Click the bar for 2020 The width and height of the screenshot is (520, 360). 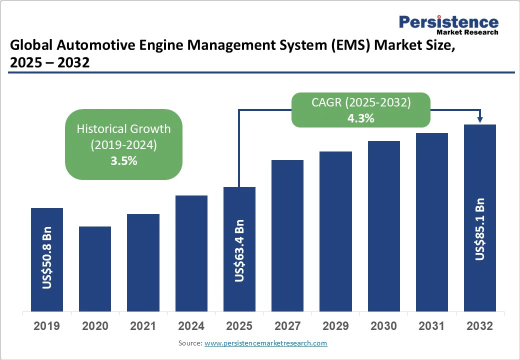[x=95, y=268]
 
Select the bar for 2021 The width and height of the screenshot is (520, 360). [x=143, y=262]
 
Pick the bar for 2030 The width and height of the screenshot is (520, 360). [x=384, y=226]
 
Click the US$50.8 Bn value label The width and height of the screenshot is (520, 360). [x=47, y=258]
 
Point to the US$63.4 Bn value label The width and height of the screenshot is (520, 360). [x=239, y=250]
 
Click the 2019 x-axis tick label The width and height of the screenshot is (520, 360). [x=47, y=326]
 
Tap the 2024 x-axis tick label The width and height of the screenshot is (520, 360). [x=191, y=326]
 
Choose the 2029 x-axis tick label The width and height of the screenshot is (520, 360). [x=335, y=326]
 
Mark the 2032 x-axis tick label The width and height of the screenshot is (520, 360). [x=480, y=326]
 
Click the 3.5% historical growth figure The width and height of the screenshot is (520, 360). [x=123, y=161]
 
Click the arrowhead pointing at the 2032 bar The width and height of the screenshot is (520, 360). [x=480, y=120]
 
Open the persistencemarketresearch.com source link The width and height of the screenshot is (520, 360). [x=265, y=343]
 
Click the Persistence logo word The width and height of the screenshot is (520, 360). [x=448, y=22]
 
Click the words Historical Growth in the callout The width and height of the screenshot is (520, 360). [x=123, y=128]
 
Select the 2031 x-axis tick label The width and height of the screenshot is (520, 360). [x=432, y=326]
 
